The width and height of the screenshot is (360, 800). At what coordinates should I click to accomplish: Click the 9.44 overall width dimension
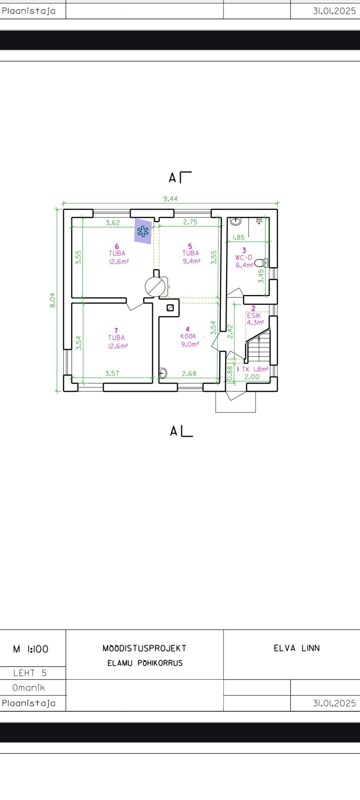pos(170,199)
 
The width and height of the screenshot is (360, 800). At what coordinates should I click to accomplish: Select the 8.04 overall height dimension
pos(53,300)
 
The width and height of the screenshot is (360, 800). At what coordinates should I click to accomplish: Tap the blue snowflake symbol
pos(143,231)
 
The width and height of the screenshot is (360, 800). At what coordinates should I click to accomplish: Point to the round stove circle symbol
pos(155,286)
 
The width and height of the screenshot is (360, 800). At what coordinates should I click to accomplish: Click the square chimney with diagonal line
pos(170,308)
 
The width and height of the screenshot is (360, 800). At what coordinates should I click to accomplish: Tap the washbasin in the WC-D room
pos(236,221)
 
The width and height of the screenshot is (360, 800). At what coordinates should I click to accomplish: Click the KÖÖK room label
pos(188,336)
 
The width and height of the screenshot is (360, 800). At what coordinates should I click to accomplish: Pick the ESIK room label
pos(254,316)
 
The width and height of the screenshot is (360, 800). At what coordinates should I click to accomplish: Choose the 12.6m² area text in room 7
pos(118,346)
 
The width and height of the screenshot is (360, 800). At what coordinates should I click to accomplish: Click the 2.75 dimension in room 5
pos(190,222)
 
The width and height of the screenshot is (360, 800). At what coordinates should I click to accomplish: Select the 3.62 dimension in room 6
pos(113,223)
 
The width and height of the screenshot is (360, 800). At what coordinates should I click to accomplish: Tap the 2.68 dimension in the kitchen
pos(189,374)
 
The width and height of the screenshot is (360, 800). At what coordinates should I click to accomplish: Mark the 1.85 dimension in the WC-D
pos(238,237)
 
